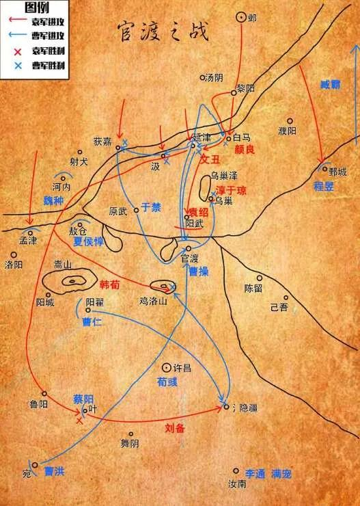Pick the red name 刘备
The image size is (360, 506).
[x=176, y=429]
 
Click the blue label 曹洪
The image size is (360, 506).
[x=55, y=472]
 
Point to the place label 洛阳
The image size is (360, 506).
[x=14, y=264]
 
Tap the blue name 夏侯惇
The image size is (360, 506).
[x=88, y=241]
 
